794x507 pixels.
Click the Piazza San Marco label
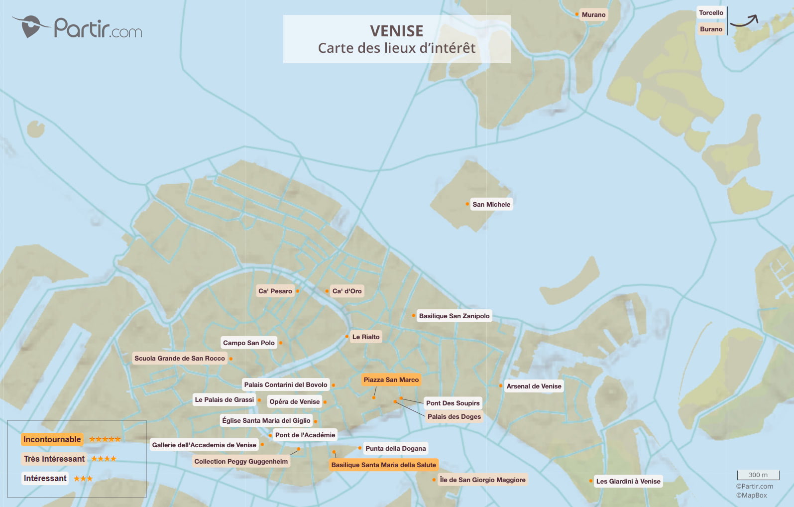tap(391, 380)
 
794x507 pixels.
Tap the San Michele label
tap(491, 205)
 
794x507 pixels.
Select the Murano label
tap(593, 15)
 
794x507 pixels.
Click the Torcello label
tap(711, 13)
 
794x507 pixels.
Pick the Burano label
tap(711, 29)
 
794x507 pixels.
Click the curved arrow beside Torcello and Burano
tap(745, 21)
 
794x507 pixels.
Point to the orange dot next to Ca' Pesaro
tap(298, 291)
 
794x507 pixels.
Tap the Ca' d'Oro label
tap(347, 291)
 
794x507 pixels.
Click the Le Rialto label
tap(365, 337)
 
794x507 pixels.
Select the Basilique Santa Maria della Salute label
tap(383, 465)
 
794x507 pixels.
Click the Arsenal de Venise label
tap(534, 386)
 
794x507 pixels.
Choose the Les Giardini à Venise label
tap(628, 482)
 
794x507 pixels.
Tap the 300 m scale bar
tap(758, 475)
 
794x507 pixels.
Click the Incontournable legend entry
tap(52, 440)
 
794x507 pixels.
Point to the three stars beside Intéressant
tap(83, 479)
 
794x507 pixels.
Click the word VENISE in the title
tap(396, 31)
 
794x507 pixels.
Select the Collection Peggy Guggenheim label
tap(241, 462)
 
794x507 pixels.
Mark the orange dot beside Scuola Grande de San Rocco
tap(230, 359)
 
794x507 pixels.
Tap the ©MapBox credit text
tap(751, 496)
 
